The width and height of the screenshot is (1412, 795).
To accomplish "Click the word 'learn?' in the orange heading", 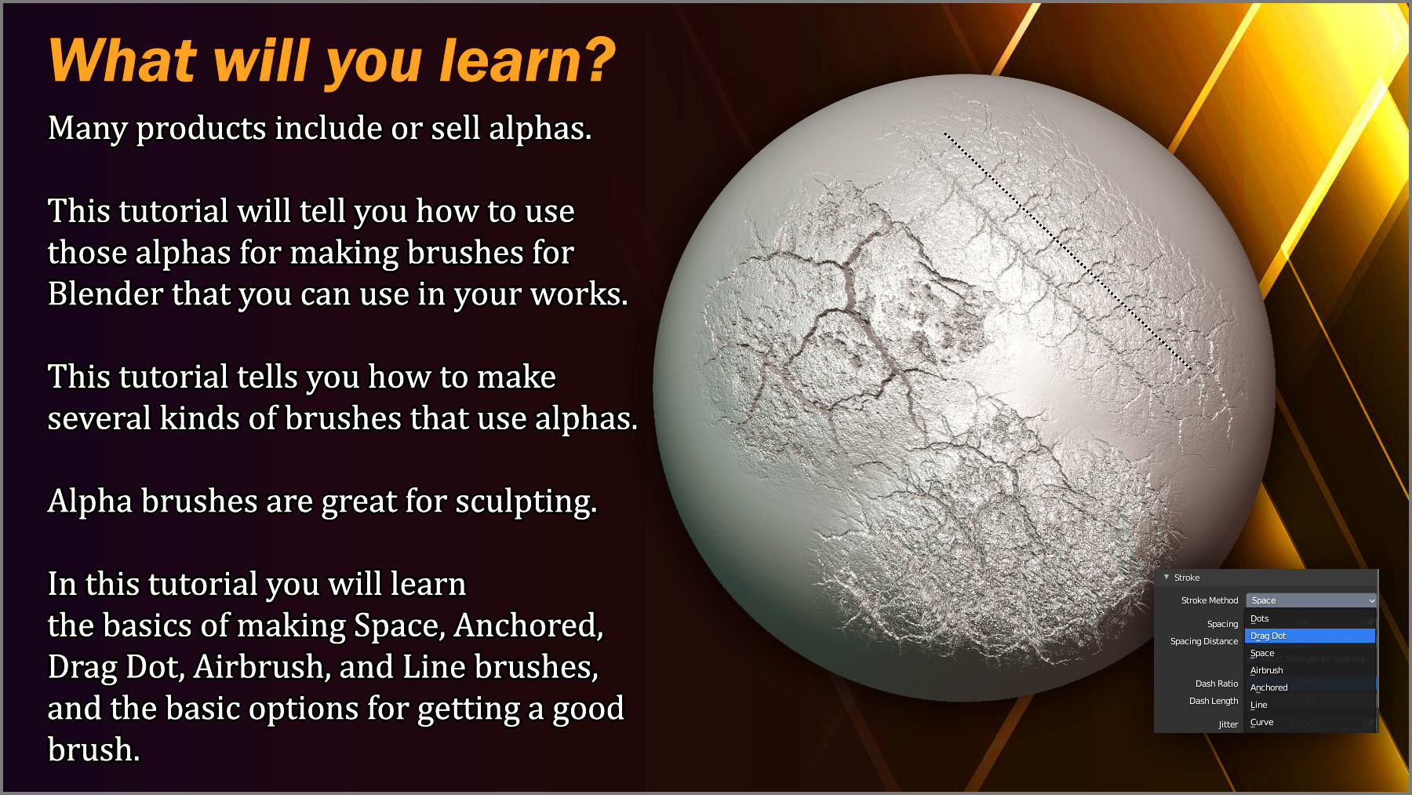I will (527, 61).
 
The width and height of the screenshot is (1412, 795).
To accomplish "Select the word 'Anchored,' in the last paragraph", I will (528, 625).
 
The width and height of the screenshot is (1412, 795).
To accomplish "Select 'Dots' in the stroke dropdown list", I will (1259, 618).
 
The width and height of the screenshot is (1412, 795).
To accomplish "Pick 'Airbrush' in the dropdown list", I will (1266, 670).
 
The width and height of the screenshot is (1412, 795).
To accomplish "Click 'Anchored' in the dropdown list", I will (1268, 687).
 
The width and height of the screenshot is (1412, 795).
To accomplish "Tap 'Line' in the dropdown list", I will (1258, 705).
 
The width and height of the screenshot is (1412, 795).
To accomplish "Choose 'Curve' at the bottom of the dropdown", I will (1261, 722).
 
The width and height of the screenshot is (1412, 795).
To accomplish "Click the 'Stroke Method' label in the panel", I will (1209, 600).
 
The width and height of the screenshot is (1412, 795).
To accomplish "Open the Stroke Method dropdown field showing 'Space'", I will (1310, 600).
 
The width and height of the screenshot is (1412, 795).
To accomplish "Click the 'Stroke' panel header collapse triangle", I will (1166, 578).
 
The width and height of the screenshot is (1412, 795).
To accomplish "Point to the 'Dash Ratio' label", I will (1216, 684).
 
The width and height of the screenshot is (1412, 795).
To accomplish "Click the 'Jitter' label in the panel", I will (1228, 724).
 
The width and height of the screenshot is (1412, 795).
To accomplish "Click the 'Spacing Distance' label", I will (1203, 641).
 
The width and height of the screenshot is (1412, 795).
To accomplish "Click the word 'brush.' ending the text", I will (93, 750).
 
